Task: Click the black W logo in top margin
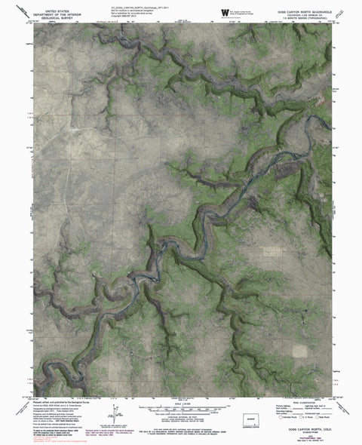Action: click(225, 12)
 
